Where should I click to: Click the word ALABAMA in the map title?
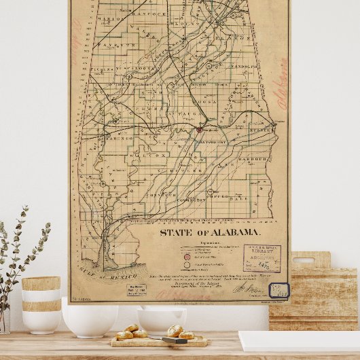pyautogui.click(x=232, y=232)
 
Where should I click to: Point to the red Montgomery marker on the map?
pyautogui.click(x=200, y=128)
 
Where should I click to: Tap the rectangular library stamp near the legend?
pyautogui.click(x=262, y=258)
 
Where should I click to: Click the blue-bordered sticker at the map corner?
pyautogui.click(x=278, y=291)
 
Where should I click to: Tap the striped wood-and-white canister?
pyautogui.click(x=41, y=304)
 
